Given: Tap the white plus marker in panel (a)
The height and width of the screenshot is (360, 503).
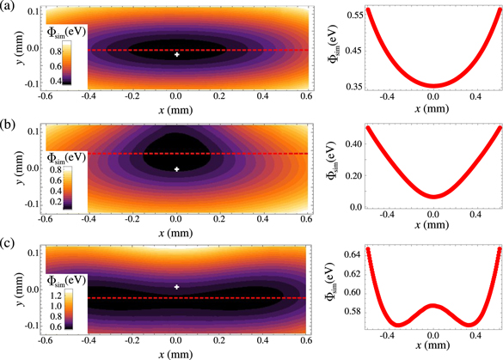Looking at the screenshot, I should [x=177, y=54].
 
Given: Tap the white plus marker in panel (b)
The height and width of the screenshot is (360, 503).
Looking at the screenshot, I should [x=177, y=169].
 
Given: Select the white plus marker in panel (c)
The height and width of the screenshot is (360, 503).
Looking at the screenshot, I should [x=177, y=287].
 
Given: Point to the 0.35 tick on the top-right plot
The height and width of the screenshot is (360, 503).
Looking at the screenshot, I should [x=353, y=87].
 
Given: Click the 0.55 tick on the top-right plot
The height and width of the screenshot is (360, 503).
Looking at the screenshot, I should [x=353, y=15].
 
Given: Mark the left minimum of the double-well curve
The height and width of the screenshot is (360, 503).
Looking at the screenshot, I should [x=397, y=325].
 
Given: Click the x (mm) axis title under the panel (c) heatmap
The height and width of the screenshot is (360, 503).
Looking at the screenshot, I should [x=176, y=353].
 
